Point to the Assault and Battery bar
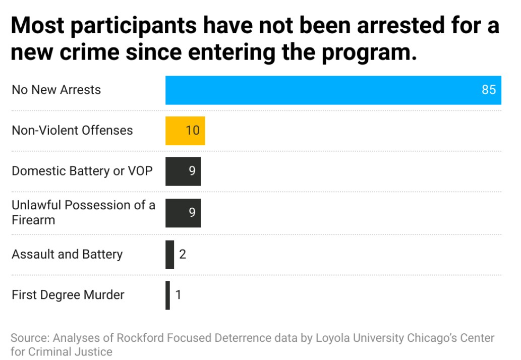pos(169,254)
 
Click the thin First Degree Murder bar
pos(167,295)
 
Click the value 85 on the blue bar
pos(489,90)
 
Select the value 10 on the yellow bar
pos(193,131)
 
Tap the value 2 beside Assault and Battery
pos(183,254)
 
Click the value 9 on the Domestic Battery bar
pos(192,171)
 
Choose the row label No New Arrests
pos(56,90)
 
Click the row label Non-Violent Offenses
pos(72,131)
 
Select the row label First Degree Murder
pos(68,295)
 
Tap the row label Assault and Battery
pos(67,254)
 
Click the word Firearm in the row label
pos(33,220)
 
